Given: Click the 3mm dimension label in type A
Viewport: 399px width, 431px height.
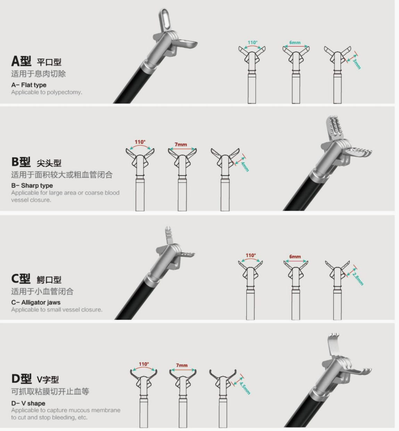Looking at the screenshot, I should [x=357, y=64].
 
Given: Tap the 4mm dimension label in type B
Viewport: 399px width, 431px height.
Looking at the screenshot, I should [x=245, y=166].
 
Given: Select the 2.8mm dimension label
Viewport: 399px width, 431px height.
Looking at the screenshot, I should [x=358, y=278].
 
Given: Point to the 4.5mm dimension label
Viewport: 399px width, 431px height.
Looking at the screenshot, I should [x=245, y=387].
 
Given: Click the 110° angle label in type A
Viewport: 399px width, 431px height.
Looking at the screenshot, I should [x=252, y=42].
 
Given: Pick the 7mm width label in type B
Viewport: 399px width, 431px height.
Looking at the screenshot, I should [x=181, y=144].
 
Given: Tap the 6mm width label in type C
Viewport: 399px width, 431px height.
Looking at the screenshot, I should [x=295, y=257].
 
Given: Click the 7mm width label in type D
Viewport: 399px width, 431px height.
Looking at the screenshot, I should [x=182, y=365].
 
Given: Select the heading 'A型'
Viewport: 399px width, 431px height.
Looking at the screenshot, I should [x=21, y=61].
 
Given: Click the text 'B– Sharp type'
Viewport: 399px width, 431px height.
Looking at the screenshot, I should [x=32, y=186].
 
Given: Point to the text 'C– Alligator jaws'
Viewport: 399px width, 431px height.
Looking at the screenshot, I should [x=36, y=302].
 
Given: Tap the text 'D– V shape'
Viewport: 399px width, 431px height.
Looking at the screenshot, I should [x=28, y=403].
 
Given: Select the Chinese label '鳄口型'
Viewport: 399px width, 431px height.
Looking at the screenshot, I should [x=49, y=279].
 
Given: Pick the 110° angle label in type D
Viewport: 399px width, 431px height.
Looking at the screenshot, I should [x=144, y=364].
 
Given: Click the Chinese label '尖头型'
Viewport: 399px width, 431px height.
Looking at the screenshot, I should [x=49, y=163].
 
